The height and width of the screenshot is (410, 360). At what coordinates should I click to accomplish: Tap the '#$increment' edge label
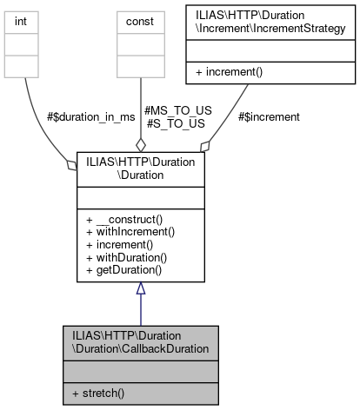coord(269,116)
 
